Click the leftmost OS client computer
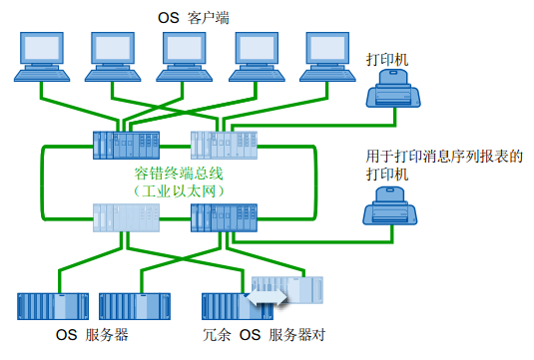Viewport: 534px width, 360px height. click(x=42, y=58)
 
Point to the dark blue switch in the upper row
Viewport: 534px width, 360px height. click(x=126, y=147)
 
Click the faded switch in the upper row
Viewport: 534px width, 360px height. click(x=223, y=146)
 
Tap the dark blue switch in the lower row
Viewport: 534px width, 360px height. click(x=223, y=217)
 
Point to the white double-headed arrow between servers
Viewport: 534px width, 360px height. click(x=266, y=296)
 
